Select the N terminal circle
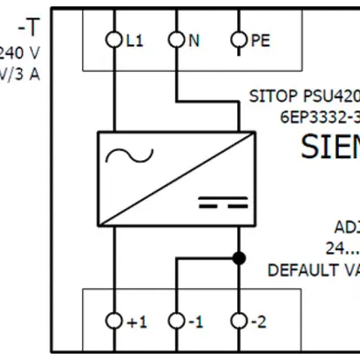[x=177, y=40]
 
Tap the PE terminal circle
[x=238, y=40]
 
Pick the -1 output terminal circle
[x=177, y=321]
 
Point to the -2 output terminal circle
[x=238, y=321]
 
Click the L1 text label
[x=134, y=40]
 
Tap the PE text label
[x=261, y=40]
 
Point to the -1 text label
[x=196, y=321]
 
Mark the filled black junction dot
[x=238, y=258]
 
